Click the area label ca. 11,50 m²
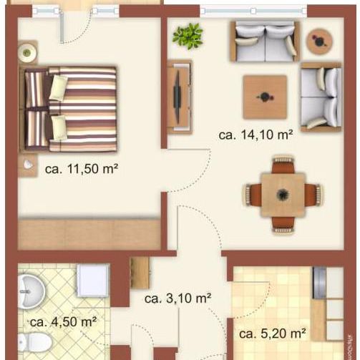[x=81, y=170]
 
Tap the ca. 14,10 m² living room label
[x=256, y=134]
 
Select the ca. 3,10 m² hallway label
[x=177, y=299]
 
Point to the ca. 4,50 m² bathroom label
[x=63, y=321]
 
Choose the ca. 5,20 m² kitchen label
[x=273, y=334]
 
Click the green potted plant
[x=188, y=35]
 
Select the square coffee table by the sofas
[x=265, y=97]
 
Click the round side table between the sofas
[x=318, y=42]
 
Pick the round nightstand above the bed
[x=28, y=52]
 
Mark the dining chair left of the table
[x=253, y=194]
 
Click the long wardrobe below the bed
[x=89, y=234]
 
